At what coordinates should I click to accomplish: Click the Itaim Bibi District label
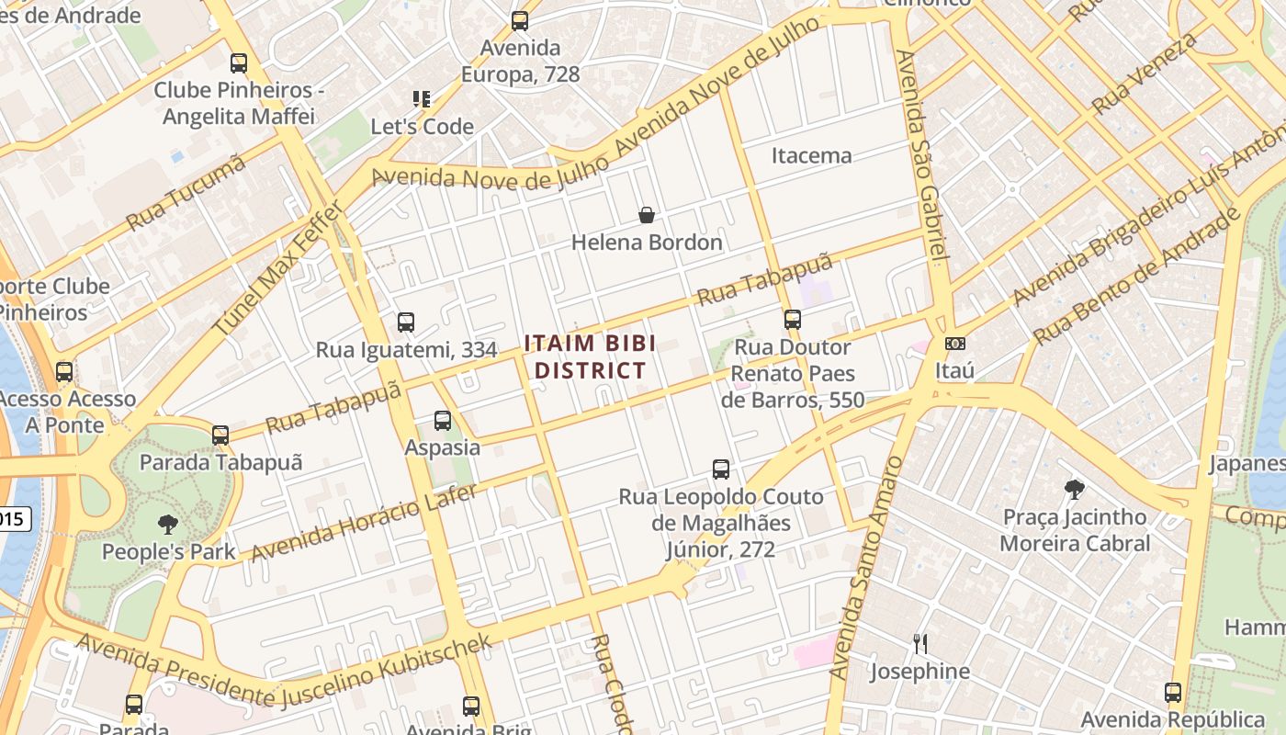click(590, 356)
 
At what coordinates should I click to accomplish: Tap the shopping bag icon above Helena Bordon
click(647, 215)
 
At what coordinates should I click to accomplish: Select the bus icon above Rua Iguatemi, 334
click(406, 322)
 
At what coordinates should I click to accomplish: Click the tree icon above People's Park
click(167, 525)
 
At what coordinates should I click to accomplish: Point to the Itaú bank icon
click(954, 344)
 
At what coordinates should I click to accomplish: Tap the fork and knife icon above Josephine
click(919, 643)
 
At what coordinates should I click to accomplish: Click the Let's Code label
click(422, 127)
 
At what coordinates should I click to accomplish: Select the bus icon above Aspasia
click(443, 421)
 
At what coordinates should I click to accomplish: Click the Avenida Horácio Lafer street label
click(364, 522)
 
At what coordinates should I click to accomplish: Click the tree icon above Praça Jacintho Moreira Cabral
click(1074, 490)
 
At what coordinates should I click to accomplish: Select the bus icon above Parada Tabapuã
click(220, 435)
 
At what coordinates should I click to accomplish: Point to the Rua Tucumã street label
click(186, 193)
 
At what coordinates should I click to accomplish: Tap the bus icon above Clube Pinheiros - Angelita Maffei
click(239, 63)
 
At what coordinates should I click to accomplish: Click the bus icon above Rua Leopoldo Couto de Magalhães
click(721, 469)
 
